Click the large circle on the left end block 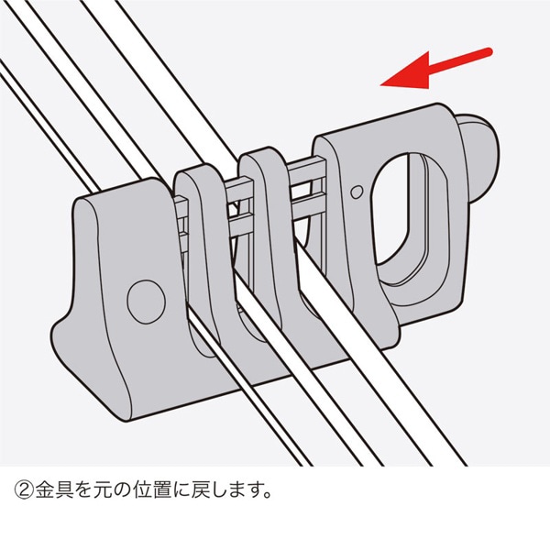[143, 299]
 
